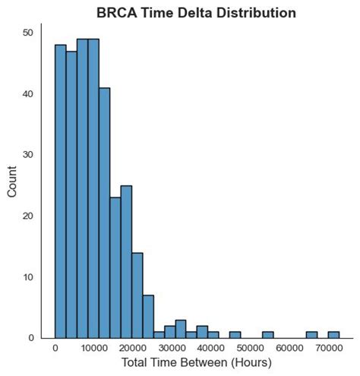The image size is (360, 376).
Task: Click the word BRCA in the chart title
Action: coord(115,13)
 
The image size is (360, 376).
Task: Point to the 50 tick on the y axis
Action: coord(27,33)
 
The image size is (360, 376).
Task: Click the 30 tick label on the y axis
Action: coord(27,154)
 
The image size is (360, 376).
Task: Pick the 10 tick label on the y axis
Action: coord(27,276)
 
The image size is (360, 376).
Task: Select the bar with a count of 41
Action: coord(104,213)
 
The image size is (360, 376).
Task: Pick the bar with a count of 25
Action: coord(126,261)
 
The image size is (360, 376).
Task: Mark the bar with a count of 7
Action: coord(148,316)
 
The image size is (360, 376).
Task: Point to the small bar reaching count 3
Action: coord(181,329)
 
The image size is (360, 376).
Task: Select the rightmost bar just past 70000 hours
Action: coord(333,334)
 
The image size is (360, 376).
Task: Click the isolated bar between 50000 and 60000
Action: coord(268,334)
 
